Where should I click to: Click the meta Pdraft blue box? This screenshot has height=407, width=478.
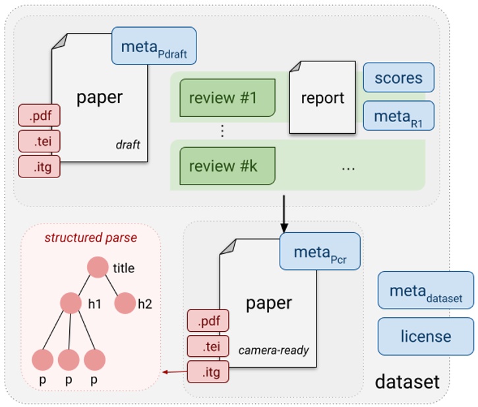pyautogui.click(x=154, y=46)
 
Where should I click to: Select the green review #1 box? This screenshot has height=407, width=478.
pyautogui.click(x=227, y=98)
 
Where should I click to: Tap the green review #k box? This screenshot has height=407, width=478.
pyautogui.click(x=227, y=166)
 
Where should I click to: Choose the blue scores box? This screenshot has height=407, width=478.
pyautogui.click(x=398, y=78)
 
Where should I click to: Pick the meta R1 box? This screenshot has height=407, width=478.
pyautogui.click(x=398, y=116)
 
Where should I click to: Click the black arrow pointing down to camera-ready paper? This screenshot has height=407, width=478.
pyautogui.click(x=284, y=210)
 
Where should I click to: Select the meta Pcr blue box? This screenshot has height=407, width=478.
pyautogui.click(x=320, y=251)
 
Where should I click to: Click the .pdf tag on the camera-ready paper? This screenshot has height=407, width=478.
pyautogui.click(x=208, y=321)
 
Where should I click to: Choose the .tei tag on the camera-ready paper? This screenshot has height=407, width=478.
pyautogui.click(x=208, y=346)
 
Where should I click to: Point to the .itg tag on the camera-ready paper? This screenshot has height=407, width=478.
pyautogui.click(x=208, y=371)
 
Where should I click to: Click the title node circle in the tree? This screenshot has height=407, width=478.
pyautogui.click(x=98, y=267)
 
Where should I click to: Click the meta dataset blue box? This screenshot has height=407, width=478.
pyautogui.click(x=425, y=290)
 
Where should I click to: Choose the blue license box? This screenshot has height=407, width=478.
pyautogui.click(x=425, y=336)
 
